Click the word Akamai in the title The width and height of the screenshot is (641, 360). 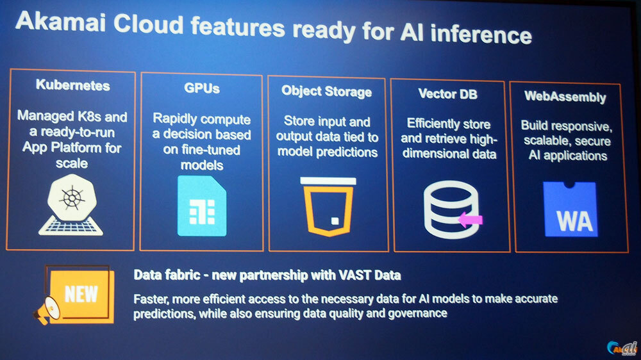60,22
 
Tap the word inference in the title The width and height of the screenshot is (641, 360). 481,33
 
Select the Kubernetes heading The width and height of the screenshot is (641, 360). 73,85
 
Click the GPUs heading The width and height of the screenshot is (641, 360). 201,88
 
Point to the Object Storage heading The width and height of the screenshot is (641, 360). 327,92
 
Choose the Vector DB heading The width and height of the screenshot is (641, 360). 447,94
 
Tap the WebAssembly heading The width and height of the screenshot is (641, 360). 565,97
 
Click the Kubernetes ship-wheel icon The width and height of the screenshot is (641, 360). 72,204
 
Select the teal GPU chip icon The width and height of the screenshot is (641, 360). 202,206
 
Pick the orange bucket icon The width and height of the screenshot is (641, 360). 328,207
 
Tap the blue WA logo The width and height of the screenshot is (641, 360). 570,209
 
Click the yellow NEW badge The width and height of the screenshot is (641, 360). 81,293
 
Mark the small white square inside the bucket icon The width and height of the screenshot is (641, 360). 335,221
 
